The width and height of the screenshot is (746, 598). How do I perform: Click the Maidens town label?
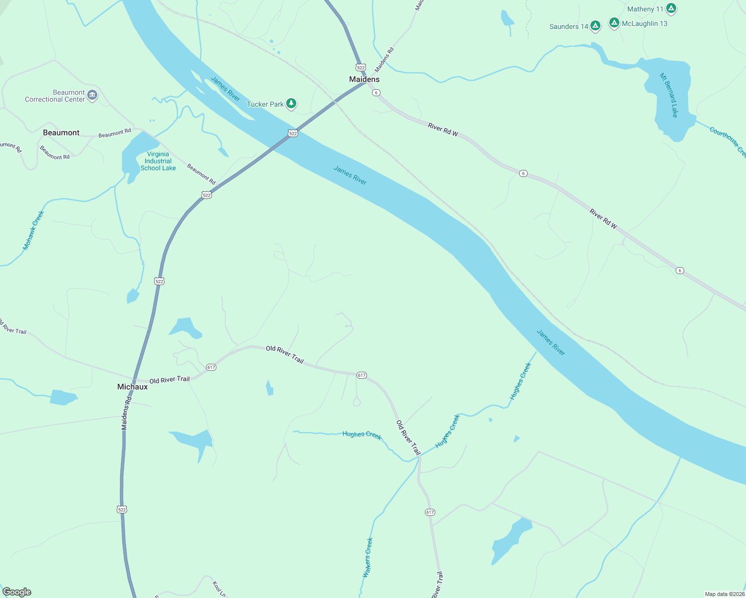click(x=364, y=79)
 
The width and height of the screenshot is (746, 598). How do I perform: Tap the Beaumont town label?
click(x=61, y=133)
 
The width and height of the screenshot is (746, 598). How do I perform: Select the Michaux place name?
click(x=132, y=387)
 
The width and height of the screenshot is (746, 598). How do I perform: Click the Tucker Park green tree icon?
click(x=291, y=104)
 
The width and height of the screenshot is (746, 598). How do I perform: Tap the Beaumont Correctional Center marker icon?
click(x=92, y=95)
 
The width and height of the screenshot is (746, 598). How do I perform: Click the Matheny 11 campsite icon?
click(x=671, y=8)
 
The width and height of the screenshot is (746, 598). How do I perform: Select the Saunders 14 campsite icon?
click(x=595, y=26)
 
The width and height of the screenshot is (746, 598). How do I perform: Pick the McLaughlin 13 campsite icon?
click(x=614, y=23)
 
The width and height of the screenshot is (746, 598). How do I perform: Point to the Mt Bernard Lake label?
click(x=669, y=95)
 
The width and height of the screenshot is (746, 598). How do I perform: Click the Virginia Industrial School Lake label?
click(x=158, y=161)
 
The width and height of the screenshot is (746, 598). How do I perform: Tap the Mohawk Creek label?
click(x=33, y=230)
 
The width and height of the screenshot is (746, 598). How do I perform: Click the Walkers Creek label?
click(x=368, y=558)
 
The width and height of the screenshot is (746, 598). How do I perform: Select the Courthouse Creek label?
click(x=728, y=142)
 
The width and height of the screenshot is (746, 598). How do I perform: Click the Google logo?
click(x=17, y=592)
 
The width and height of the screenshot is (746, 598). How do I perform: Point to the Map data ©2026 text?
click(x=724, y=594)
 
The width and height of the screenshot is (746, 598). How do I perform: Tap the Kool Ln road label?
click(x=219, y=589)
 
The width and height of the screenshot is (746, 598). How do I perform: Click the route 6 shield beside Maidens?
click(x=376, y=93)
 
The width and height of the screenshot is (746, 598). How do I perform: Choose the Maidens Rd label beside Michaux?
click(x=127, y=413)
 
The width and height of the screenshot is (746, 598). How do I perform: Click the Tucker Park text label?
click(x=265, y=104)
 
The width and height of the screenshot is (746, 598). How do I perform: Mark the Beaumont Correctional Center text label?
click(x=55, y=96)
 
